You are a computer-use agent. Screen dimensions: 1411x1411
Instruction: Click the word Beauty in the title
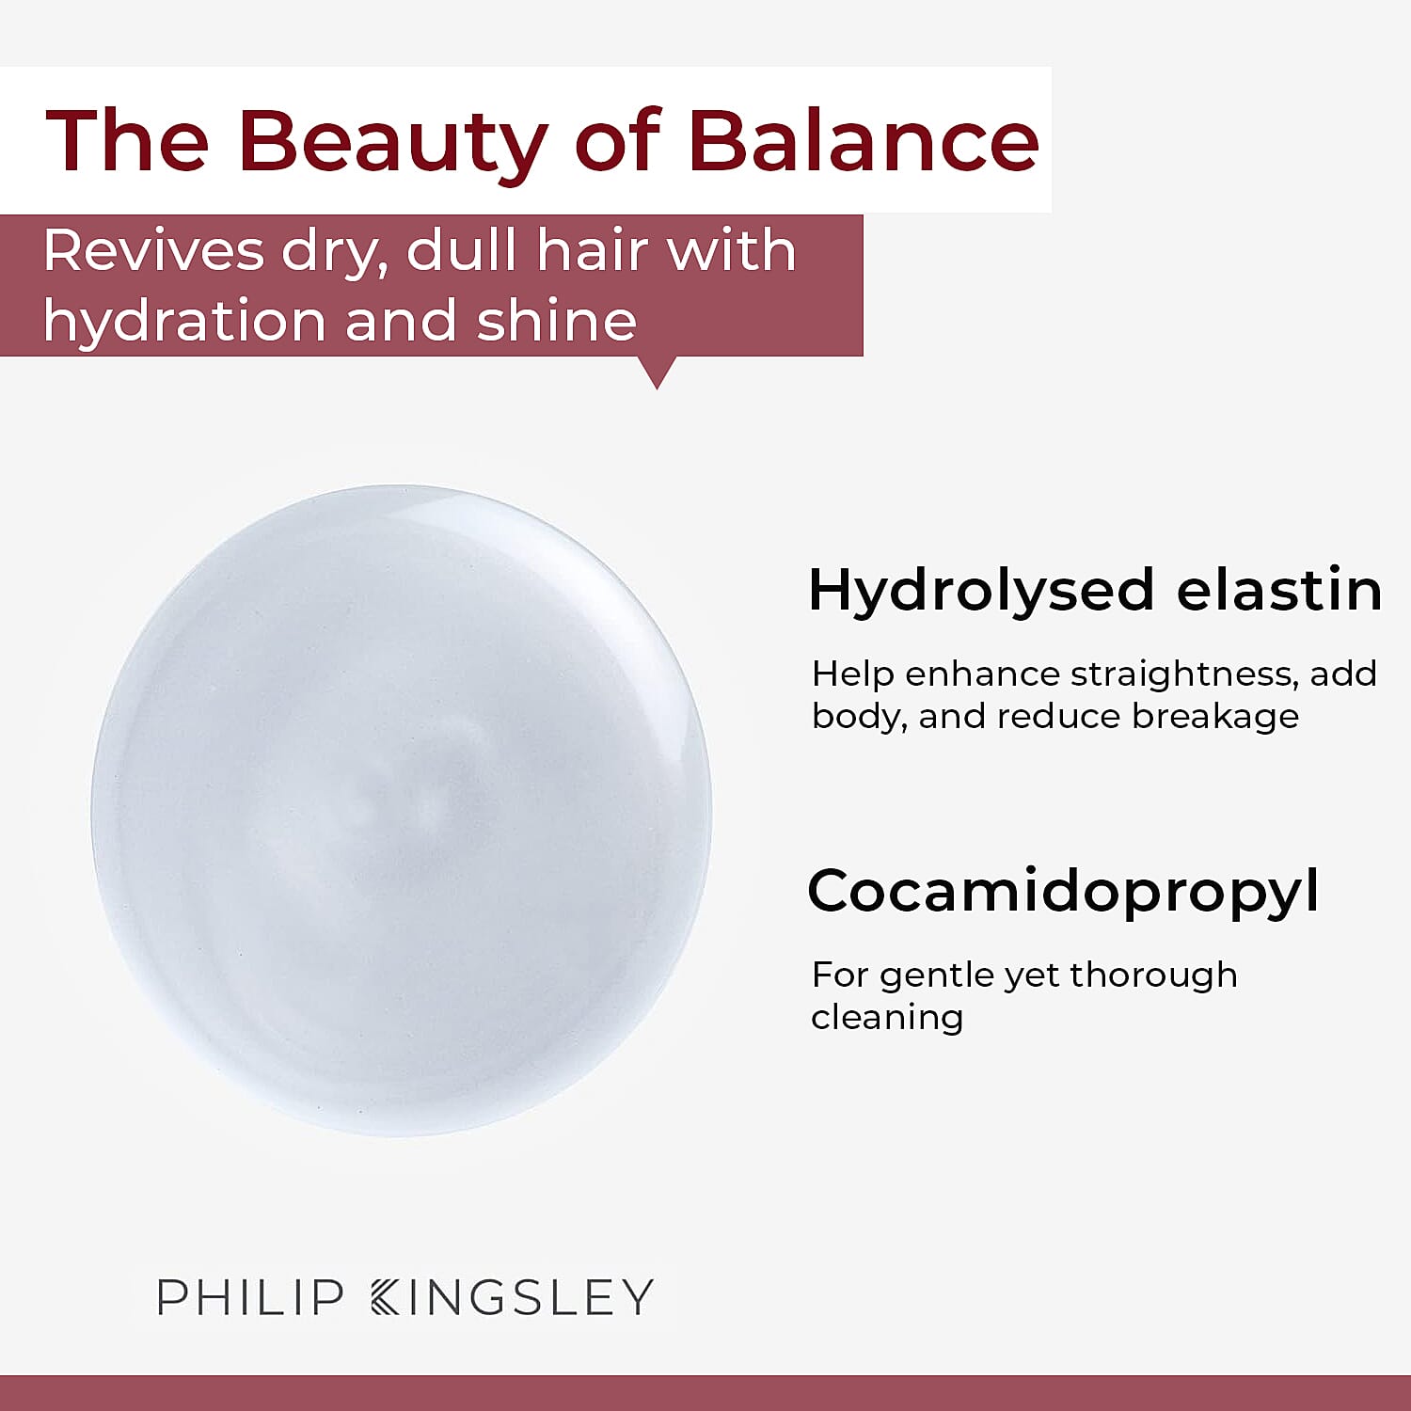(392, 141)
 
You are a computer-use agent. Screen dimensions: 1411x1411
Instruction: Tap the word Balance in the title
(864, 141)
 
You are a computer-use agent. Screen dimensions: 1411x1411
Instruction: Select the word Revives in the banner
(153, 251)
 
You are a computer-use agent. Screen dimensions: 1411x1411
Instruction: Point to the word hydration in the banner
(183, 321)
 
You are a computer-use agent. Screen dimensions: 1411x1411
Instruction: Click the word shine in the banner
(557, 321)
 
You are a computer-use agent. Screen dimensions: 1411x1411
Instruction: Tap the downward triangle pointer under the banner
(658, 372)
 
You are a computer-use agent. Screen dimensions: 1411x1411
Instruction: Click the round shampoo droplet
(401, 809)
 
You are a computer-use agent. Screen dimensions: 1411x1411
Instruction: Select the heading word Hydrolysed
(981, 591)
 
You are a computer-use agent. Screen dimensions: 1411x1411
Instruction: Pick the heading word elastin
(1279, 591)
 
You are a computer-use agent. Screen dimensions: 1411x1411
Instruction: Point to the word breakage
(1215, 717)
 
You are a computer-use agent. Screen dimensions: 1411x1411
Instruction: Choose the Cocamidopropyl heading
(1063, 892)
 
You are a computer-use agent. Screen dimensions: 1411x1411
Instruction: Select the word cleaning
(887, 1018)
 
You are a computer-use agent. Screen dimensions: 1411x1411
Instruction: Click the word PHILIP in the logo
(250, 1297)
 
